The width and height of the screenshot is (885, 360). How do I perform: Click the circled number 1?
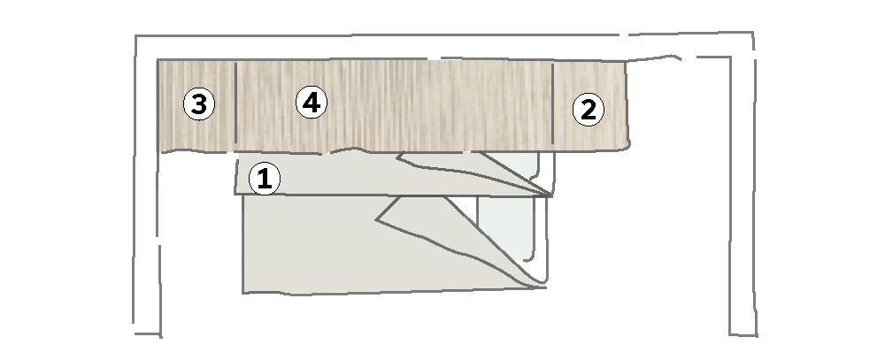[264, 179]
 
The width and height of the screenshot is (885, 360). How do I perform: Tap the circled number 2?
[589, 110]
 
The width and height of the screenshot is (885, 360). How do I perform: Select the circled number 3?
[198, 104]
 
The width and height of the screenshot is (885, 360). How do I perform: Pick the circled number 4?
[312, 103]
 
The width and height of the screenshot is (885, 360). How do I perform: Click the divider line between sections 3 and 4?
[235, 102]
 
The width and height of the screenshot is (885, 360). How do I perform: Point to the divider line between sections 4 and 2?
[552, 103]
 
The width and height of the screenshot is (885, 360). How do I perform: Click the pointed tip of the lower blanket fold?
[376, 219]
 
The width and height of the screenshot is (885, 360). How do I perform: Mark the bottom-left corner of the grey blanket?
[243, 292]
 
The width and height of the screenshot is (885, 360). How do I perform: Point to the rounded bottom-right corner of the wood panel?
[627, 146]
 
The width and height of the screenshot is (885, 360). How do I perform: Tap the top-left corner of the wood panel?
[158, 60]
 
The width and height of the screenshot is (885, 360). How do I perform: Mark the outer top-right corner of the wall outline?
[753, 33]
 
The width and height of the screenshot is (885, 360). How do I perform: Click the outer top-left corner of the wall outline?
[136, 36]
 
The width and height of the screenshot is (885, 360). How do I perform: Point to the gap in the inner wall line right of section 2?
[689, 57]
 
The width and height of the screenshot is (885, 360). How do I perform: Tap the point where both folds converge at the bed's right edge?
[550, 195]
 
